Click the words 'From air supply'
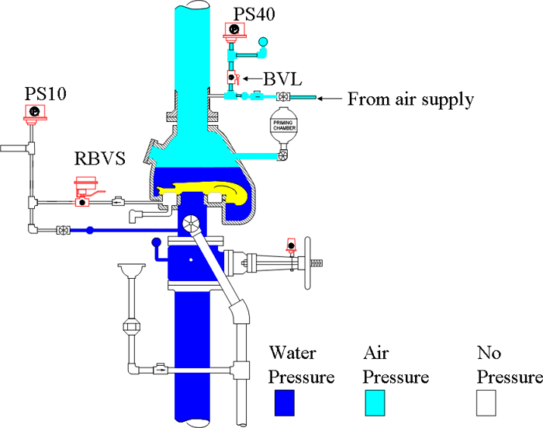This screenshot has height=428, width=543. pos(410,99)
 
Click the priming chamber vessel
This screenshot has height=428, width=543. pos(283,127)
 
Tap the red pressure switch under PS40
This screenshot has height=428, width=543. pos(233,31)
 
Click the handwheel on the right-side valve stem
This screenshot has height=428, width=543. pos(315,264)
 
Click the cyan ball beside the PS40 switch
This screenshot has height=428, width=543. pos(262,53)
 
